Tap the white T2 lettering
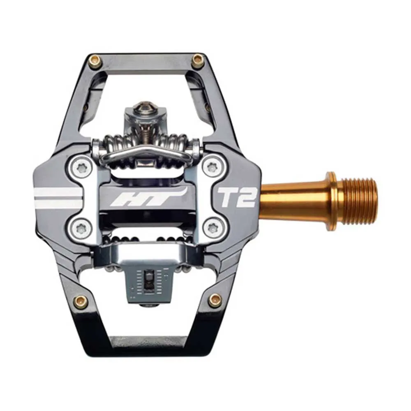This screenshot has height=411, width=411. pos(237,197)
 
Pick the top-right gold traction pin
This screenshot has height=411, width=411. pos(198,61)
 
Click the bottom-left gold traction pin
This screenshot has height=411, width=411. pos(81,302)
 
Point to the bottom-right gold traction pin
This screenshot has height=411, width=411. pos(214,300)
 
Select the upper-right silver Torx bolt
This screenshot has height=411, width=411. pos(212,166)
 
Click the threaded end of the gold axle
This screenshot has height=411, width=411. pos(360,201)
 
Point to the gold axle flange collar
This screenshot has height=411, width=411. pos(331,201)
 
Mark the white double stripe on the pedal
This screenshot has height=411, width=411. pos(58,197)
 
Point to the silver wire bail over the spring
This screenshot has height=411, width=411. pos(146,153)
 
